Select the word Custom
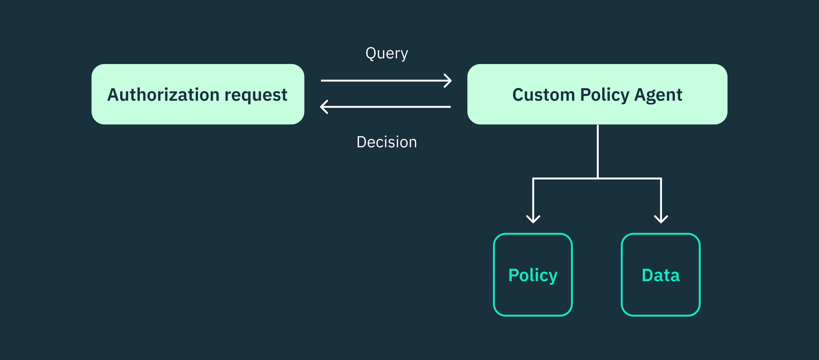click(x=543, y=95)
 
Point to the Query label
click(x=387, y=53)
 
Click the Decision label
click(x=387, y=142)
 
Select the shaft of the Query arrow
click(x=382, y=81)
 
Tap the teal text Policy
click(x=533, y=275)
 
